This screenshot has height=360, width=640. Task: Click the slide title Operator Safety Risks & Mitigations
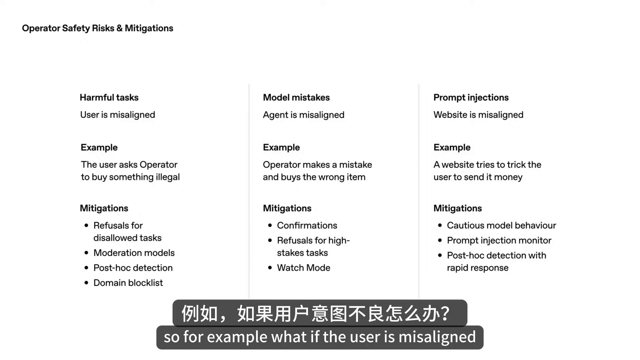coord(97,28)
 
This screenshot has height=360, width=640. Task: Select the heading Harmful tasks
coord(109,98)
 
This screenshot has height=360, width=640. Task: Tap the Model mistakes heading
coord(296,98)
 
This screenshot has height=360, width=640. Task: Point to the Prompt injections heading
coord(471,98)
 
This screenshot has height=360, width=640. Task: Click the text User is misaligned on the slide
coord(117,115)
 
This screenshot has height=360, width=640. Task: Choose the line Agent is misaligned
coord(303,115)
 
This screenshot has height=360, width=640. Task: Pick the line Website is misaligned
coord(478,115)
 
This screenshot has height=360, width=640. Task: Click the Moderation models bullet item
coord(134,253)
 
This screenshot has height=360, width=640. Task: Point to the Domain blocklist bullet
coord(128,283)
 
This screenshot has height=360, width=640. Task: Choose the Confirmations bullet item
coord(307,226)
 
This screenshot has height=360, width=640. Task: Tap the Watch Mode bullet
coord(303,268)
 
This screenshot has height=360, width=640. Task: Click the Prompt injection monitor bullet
coord(499,241)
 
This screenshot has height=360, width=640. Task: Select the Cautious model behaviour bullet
coord(501,226)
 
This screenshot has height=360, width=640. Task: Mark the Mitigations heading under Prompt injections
coord(457,208)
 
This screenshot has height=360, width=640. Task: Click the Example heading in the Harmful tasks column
coord(99,148)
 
